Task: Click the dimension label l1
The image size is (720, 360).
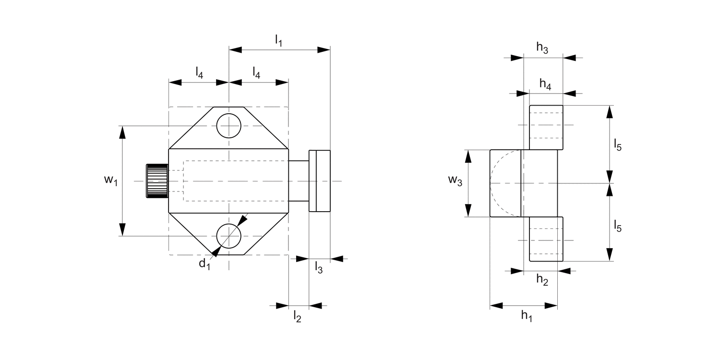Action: click(x=278, y=41)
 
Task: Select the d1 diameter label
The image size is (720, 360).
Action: click(x=205, y=264)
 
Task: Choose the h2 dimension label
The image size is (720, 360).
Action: click(x=542, y=280)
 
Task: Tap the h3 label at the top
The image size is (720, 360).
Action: click(x=542, y=48)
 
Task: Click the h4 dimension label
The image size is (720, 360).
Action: click(x=545, y=84)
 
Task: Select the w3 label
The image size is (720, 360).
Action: click(x=456, y=181)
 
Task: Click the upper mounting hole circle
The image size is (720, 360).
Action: click(x=228, y=126)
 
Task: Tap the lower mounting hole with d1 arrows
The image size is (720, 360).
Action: click(x=228, y=236)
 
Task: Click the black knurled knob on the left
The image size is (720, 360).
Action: click(x=157, y=181)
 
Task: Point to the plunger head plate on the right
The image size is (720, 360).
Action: click(x=319, y=181)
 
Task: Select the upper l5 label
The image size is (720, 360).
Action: click(x=618, y=144)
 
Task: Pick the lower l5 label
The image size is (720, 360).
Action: click(x=618, y=226)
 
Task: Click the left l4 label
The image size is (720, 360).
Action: click(x=199, y=72)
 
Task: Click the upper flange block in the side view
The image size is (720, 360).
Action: click(x=546, y=127)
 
